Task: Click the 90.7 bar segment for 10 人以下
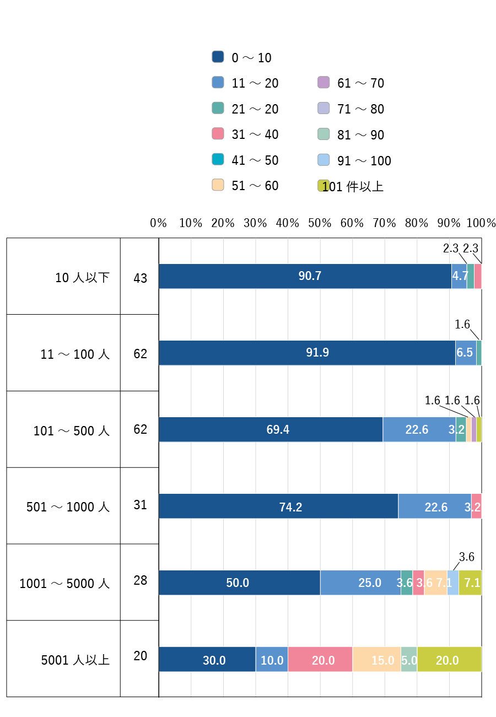pyautogui.click(x=305, y=276)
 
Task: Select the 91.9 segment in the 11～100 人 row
pyautogui.click(x=307, y=352)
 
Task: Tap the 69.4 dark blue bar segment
pyautogui.click(x=271, y=429)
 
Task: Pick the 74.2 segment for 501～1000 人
pyautogui.click(x=278, y=506)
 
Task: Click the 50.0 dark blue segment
pyautogui.click(x=239, y=582)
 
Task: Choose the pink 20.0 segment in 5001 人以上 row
pyautogui.click(x=320, y=659)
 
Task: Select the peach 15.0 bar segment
pyautogui.click(x=376, y=659)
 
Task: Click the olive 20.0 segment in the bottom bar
pyautogui.click(x=449, y=659)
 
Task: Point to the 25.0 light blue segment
pyautogui.click(x=360, y=582)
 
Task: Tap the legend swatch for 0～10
pyautogui.click(x=218, y=57)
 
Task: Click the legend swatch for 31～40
pyautogui.click(x=218, y=133)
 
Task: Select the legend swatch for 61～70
pyautogui.click(x=323, y=82)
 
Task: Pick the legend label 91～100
pyautogui.click(x=364, y=160)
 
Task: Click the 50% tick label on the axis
pyautogui.click(x=319, y=223)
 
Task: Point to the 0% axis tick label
pyautogui.click(x=158, y=223)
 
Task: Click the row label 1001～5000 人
pyautogui.click(x=64, y=583)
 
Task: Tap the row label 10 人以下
pyautogui.click(x=82, y=277)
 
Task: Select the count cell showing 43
pyautogui.click(x=140, y=278)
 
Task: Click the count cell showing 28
pyautogui.click(x=140, y=580)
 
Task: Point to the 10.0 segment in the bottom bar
pyautogui.click(x=272, y=659)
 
